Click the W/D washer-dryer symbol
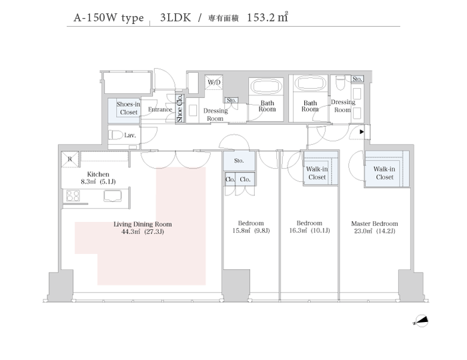pyautogui.click(x=214, y=82)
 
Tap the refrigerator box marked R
pyautogui.click(x=70, y=159)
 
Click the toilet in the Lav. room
pyautogui.click(x=115, y=135)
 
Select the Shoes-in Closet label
pyautogui.click(x=128, y=108)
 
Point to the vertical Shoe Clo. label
pyautogui.click(x=179, y=108)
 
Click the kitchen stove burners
pyautogui.click(x=73, y=195)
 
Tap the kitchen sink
pyautogui.click(x=113, y=196)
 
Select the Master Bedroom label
pyautogui.click(x=374, y=223)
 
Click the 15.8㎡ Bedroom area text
pyautogui.click(x=251, y=231)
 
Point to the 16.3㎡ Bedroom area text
pyautogui.click(x=310, y=231)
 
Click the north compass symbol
pyautogui.click(x=421, y=321)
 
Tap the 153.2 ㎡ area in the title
pyautogui.click(x=267, y=17)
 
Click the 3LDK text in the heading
pyautogui.click(x=175, y=17)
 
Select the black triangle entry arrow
pyautogui.click(x=362, y=131)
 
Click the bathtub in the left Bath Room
pyautogui.click(x=266, y=86)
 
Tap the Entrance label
pyautogui.click(x=160, y=109)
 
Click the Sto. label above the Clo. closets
pyautogui.click(x=239, y=161)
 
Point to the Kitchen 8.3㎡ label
pyautogui.click(x=98, y=177)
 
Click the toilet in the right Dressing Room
pyautogui.click(x=340, y=83)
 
